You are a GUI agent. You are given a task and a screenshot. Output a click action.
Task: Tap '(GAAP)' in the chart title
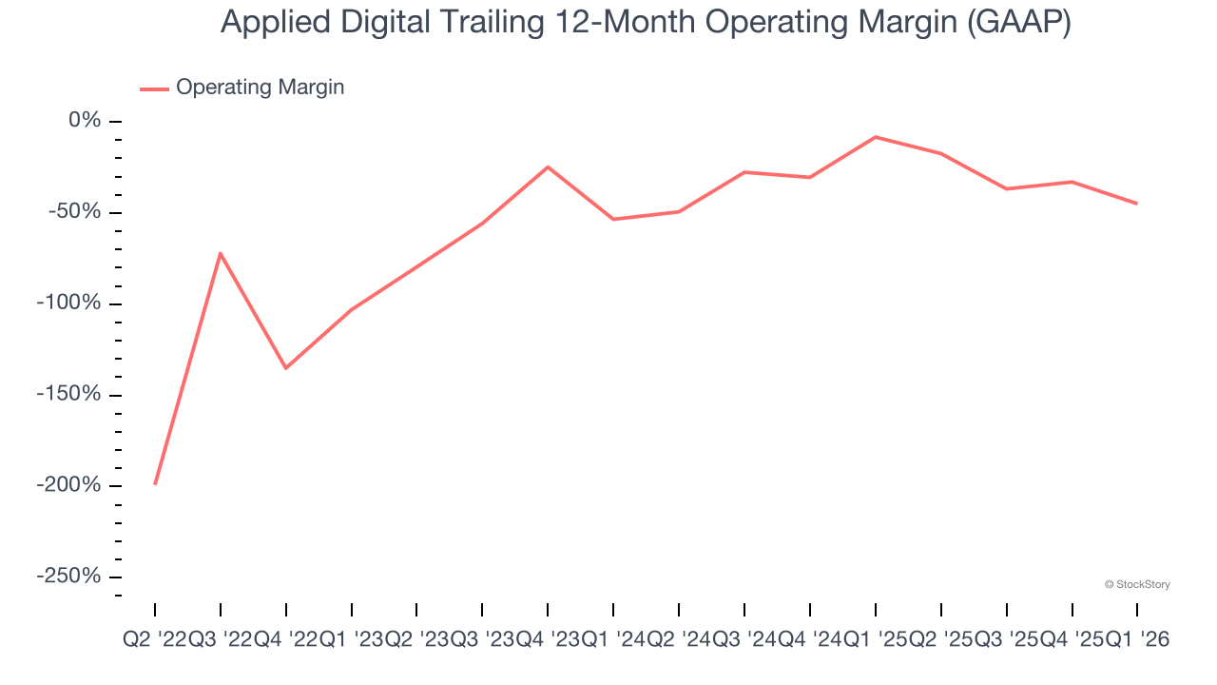pos(1017,22)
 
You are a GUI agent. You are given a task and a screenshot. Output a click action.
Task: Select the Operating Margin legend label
pos(260,88)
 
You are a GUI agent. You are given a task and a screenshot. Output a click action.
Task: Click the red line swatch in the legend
pos(154,88)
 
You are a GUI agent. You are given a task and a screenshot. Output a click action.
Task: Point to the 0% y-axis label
pos(85,121)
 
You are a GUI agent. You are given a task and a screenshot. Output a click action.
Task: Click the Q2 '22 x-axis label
pos(155,641)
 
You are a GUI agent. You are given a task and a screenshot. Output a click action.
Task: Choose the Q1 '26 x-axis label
pos(1137,641)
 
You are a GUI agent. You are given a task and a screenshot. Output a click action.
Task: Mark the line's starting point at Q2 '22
pos(155,484)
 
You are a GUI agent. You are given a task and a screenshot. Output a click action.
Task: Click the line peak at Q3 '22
pos(221,253)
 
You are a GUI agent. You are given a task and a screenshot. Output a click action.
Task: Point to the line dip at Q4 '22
pos(286,368)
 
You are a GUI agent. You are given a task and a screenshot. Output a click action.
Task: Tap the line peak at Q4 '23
pos(548,167)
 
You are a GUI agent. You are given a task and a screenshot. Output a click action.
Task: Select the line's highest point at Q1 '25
pos(875,137)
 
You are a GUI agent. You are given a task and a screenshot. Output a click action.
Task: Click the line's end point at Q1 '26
pos(1137,204)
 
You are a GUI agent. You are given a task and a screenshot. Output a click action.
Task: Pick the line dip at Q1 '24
pos(613,220)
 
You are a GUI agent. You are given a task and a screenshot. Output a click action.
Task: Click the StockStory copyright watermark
pos(1137,584)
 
